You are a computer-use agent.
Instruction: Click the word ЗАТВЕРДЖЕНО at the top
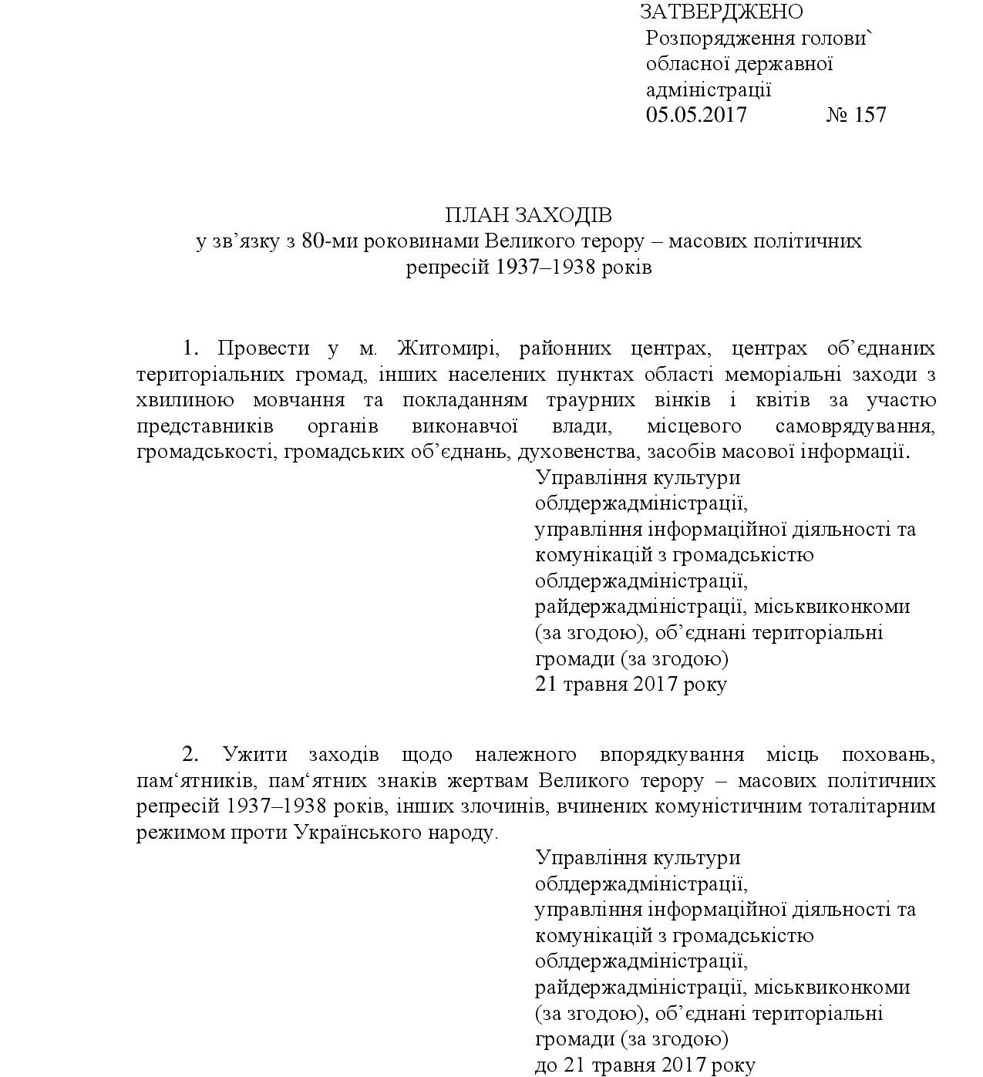(721, 12)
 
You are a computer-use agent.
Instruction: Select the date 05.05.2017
(696, 115)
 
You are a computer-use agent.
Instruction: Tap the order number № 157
(857, 115)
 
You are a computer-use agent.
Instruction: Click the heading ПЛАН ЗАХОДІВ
(528, 214)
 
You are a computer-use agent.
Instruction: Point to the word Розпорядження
(709, 38)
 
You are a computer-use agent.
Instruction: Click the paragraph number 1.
(190, 348)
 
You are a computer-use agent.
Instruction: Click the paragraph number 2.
(190, 754)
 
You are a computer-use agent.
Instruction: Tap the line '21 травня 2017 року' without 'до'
(631, 685)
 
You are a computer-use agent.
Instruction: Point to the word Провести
(264, 348)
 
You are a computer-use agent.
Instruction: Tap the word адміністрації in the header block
(709, 89)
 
